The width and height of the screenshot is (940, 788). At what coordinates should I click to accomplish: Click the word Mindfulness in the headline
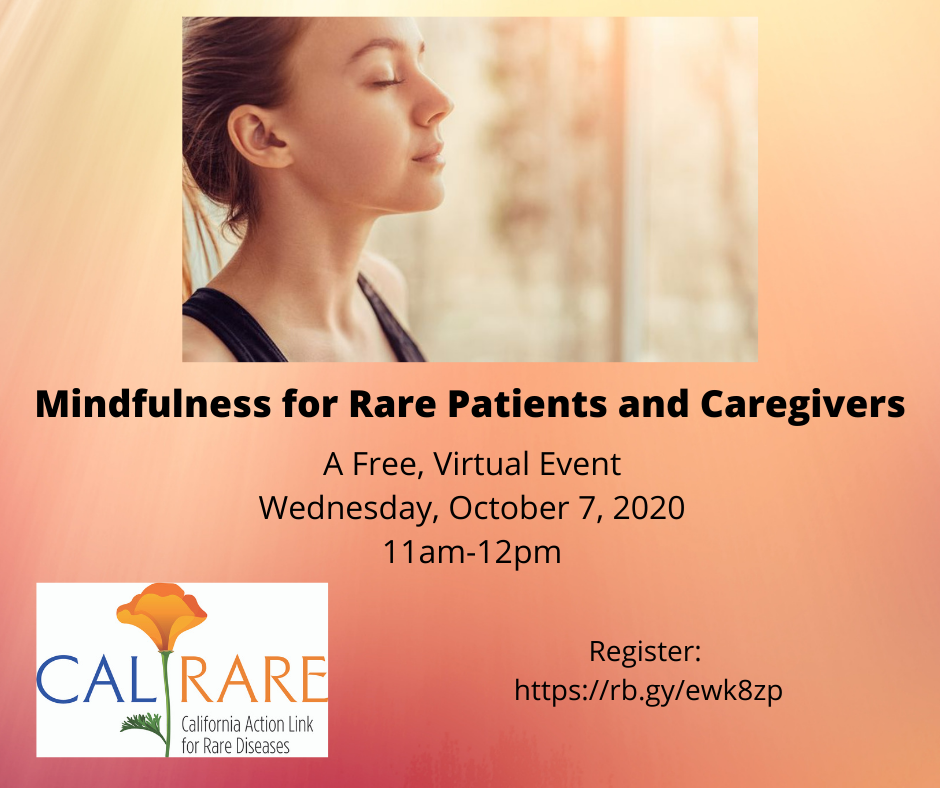(x=153, y=404)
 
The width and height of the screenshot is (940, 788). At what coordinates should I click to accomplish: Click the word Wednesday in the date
(x=345, y=509)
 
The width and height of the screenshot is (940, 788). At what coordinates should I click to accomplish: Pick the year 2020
(x=649, y=508)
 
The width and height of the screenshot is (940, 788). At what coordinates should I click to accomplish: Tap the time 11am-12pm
(x=472, y=553)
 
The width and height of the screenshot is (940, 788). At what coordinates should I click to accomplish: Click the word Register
(x=645, y=652)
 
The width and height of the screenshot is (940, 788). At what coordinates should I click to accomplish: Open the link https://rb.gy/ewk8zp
(x=648, y=691)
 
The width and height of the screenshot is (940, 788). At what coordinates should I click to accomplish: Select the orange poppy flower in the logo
(x=161, y=615)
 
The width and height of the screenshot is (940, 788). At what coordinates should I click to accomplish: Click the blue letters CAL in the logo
(x=94, y=679)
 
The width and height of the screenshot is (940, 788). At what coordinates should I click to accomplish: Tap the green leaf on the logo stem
(x=142, y=724)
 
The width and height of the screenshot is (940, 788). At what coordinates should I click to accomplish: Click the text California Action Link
(x=247, y=724)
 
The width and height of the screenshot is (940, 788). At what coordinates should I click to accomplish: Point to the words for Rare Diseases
(x=236, y=746)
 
